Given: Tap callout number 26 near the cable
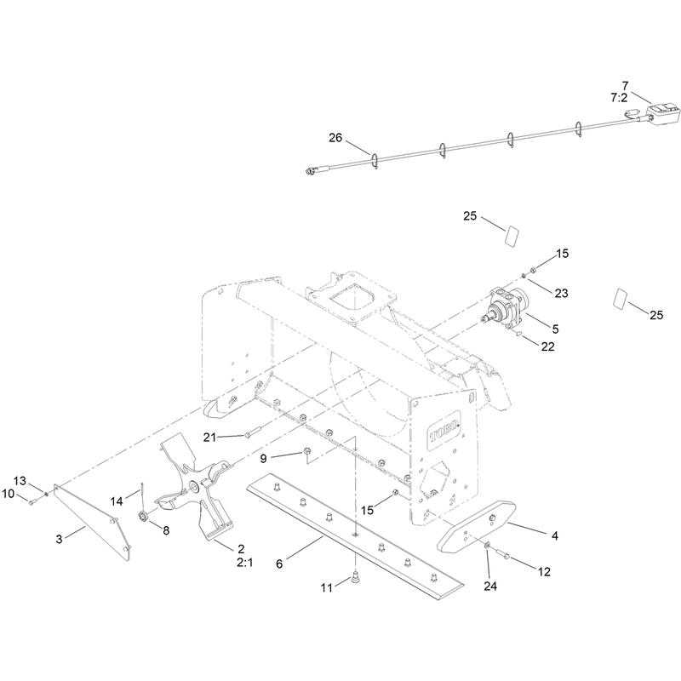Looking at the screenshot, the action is pyautogui.click(x=335, y=138).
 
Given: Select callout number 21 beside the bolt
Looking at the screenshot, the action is pyautogui.click(x=209, y=437).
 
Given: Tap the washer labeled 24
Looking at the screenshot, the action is pyautogui.click(x=487, y=545).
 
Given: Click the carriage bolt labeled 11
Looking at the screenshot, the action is pyautogui.click(x=355, y=578).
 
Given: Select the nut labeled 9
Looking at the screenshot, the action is pyautogui.click(x=306, y=451).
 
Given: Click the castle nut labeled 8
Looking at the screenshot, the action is pyautogui.click(x=143, y=517).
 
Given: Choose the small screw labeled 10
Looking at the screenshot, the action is pyautogui.click(x=32, y=502).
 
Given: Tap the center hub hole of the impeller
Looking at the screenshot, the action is pyautogui.click(x=193, y=484).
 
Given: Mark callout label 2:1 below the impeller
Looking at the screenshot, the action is pyautogui.click(x=245, y=563).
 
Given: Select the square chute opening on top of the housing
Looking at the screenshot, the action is pyautogui.click(x=352, y=299).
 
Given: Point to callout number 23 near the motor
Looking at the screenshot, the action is pyautogui.click(x=561, y=293).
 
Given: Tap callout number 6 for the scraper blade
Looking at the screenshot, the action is pyautogui.click(x=279, y=564).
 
